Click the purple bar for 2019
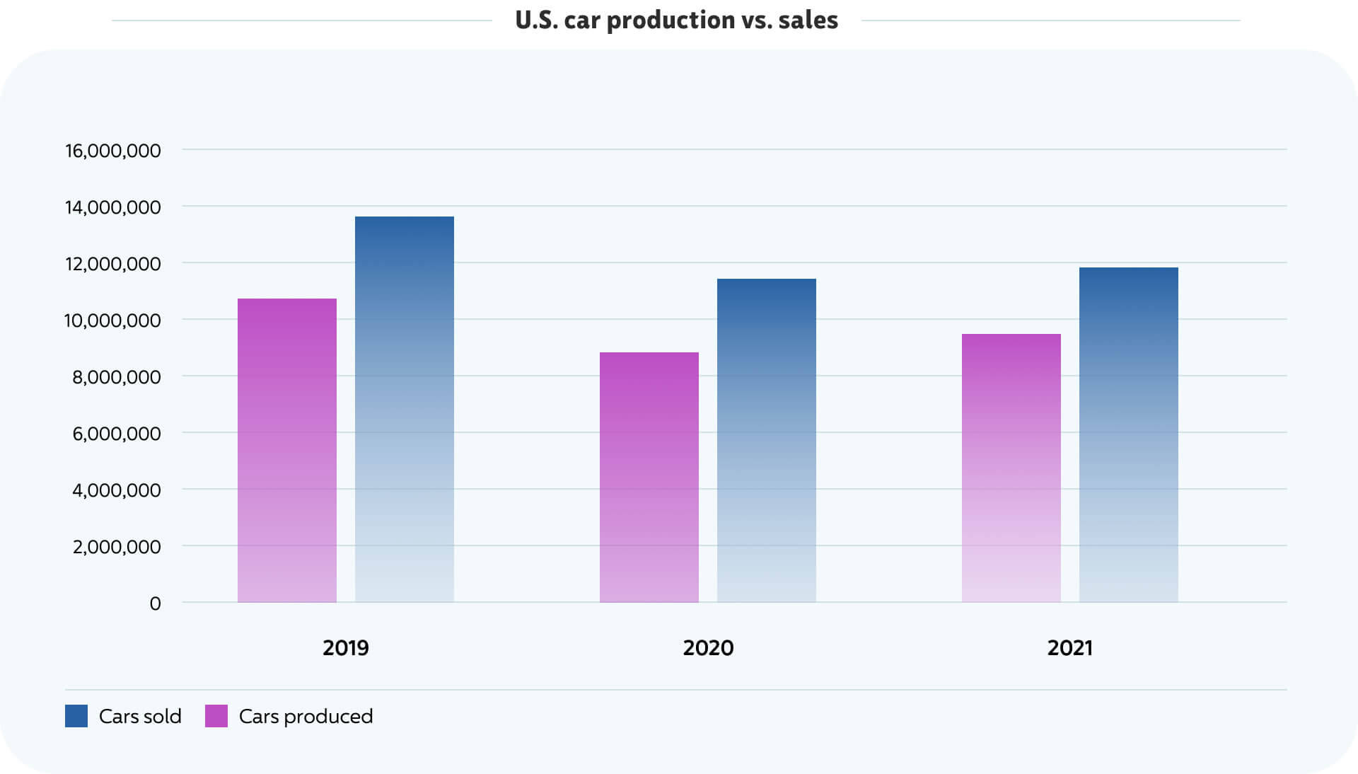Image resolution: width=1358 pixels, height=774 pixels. click(287, 450)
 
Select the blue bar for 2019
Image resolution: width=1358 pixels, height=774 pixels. click(405, 409)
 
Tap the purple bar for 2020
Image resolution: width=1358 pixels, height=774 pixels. click(649, 477)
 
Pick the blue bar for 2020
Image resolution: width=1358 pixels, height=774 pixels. click(767, 440)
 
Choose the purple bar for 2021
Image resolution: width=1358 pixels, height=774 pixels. click(1011, 468)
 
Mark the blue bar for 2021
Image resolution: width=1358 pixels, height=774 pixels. click(1129, 434)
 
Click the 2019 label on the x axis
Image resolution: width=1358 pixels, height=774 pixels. click(346, 648)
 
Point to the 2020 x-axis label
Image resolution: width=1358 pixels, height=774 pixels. click(708, 648)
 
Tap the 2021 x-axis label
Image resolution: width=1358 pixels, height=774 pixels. click(1070, 648)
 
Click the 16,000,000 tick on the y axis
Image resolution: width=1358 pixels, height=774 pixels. click(113, 151)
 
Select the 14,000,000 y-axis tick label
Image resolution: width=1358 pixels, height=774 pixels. click(113, 207)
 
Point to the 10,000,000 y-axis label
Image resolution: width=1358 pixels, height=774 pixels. click(113, 320)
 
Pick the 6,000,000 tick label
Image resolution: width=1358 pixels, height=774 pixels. click(117, 434)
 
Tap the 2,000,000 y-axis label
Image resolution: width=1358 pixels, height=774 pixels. click(117, 547)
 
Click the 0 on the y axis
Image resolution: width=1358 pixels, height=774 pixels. click(156, 603)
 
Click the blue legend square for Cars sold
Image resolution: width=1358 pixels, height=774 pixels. click(76, 716)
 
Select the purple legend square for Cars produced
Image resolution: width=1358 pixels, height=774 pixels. click(216, 716)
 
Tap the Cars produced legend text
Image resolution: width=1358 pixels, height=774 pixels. click(306, 717)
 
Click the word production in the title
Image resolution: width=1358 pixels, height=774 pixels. click(671, 21)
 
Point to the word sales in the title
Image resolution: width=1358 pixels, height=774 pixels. click(808, 21)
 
